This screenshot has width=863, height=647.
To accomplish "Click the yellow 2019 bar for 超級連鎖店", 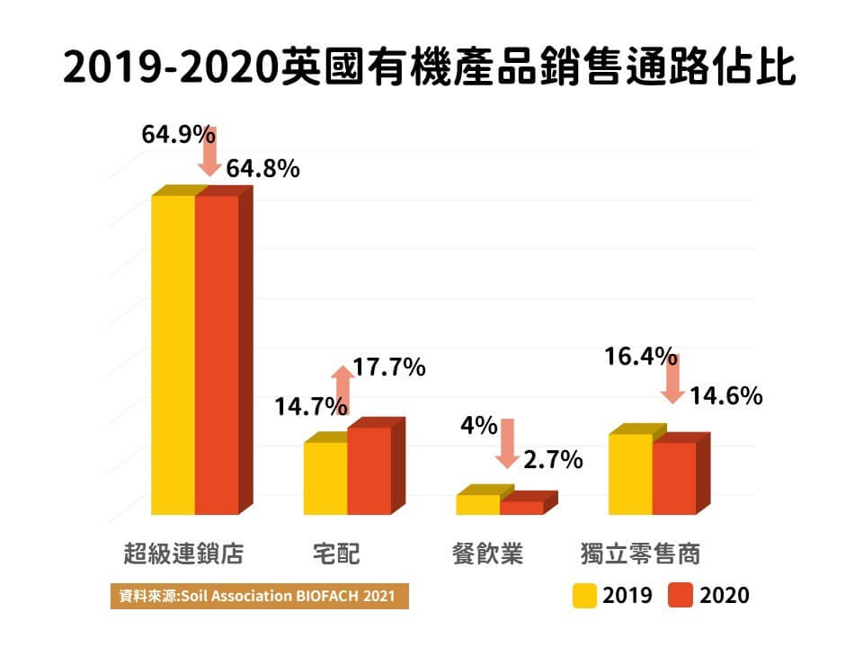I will point(173,355).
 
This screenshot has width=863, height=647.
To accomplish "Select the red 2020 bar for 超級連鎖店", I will point(218,355).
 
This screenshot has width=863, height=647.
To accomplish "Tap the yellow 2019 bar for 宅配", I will point(325,478).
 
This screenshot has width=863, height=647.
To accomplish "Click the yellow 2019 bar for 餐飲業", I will point(477,504).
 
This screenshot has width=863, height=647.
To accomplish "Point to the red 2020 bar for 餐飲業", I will point(522,508).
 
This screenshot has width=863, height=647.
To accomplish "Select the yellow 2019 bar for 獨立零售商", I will point(630,474).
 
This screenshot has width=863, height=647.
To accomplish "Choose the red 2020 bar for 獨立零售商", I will point(674,478).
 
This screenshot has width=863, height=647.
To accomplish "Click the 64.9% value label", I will point(178,136).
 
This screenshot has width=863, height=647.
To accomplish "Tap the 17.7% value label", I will point(389,368).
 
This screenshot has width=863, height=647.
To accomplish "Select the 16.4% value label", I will point(640,358).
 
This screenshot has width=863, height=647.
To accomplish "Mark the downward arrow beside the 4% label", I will point(507,443).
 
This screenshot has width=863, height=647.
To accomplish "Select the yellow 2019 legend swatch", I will point(585,595).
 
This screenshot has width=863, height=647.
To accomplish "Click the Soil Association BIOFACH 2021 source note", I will point(258,596).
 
